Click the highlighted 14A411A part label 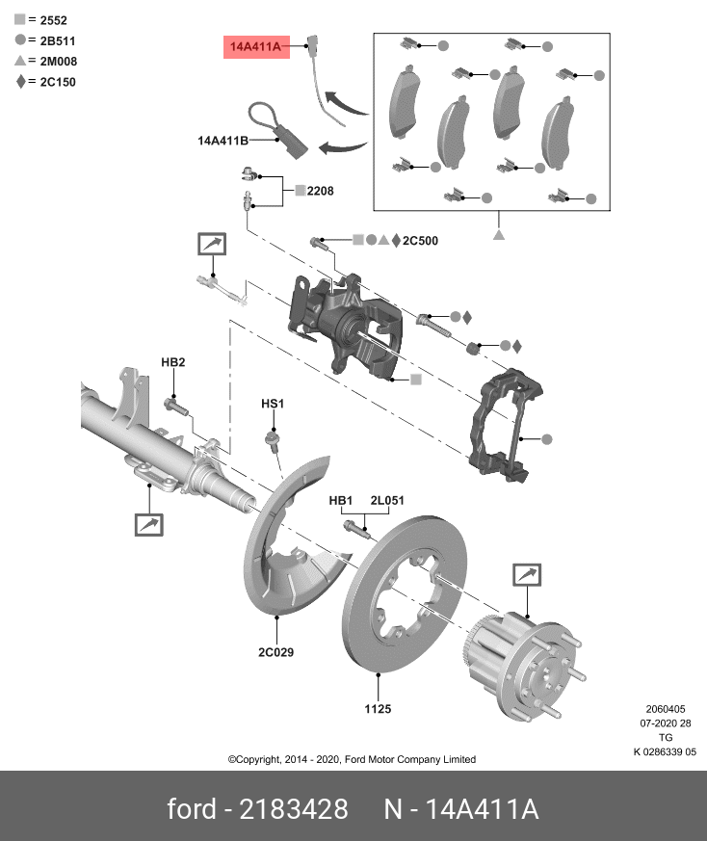[x=256, y=46]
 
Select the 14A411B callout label [x=223, y=141]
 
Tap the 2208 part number [x=320, y=191]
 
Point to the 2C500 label [x=420, y=241]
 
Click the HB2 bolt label [x=173, y=362]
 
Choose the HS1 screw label [x=273, y=404]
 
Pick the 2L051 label [x=387, y=500]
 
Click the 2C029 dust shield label [x=276, y=652]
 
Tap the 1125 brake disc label [x=378, y=709]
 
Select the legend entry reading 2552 [x=41, y=20]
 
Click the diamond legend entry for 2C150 [x=45, y=82]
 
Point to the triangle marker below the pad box [x=499, y=235]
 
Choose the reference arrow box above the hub [x=527, y=575]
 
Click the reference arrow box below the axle [x=148, y=525]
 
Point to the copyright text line [x=352, y=759]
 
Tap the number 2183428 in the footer [x=294, y=809]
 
